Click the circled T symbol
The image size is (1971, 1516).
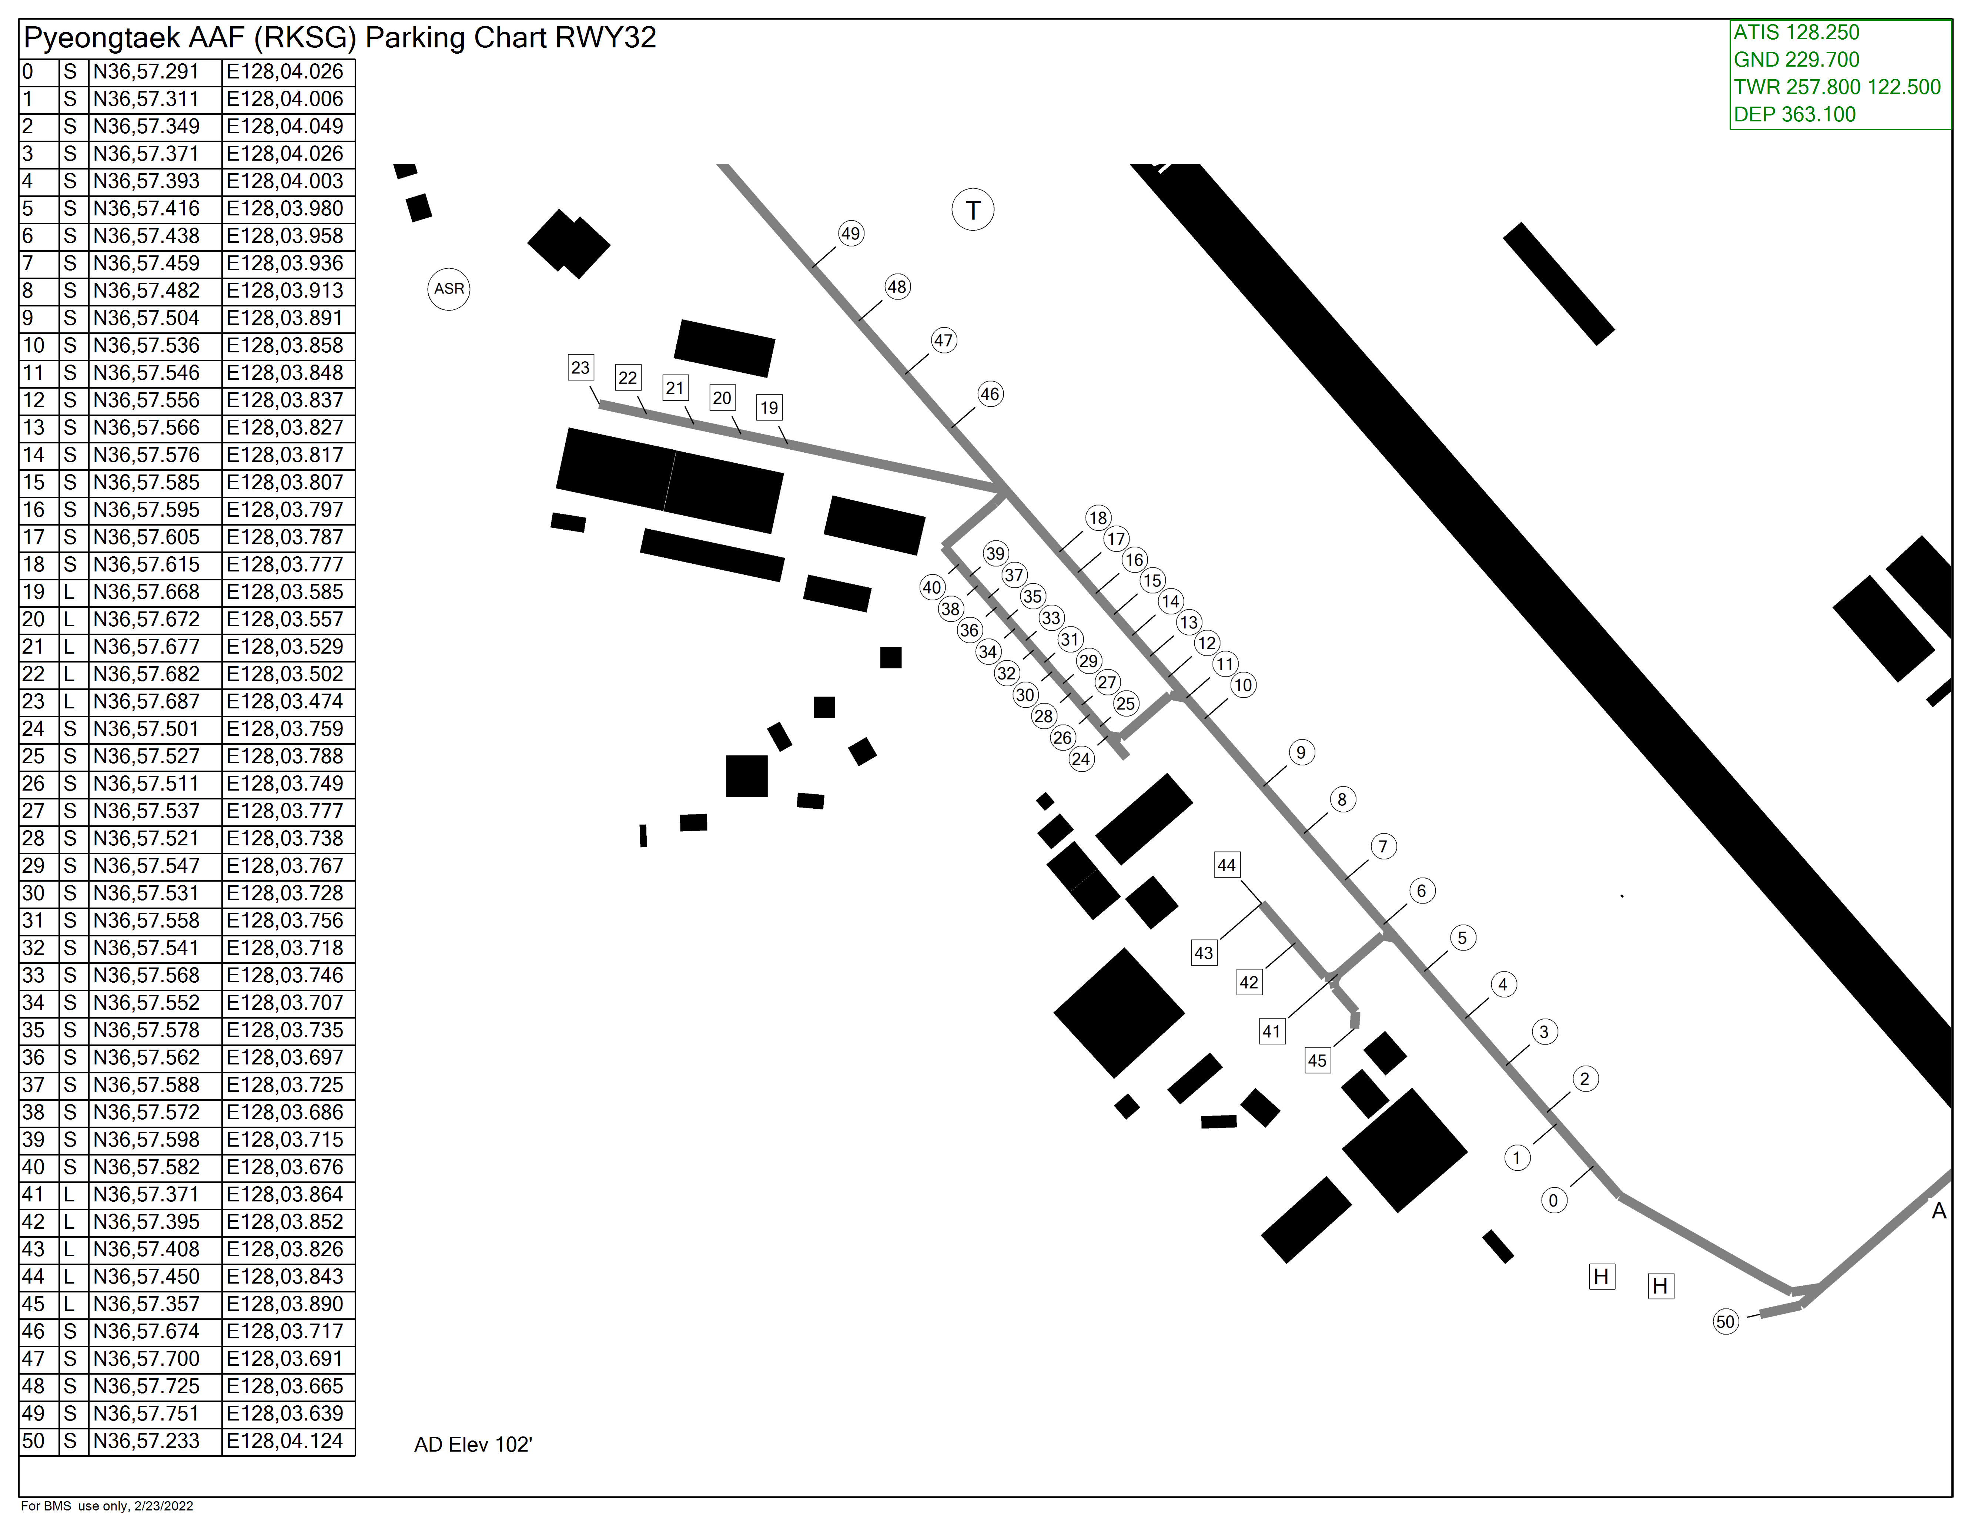pyautogui.click(x=973, y=210)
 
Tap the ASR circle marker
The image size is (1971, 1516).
pyautogui.click(x=449, y=289)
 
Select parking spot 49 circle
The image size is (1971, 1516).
pyautogui.click(x=850, y=234)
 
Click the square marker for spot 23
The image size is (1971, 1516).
pyautogui.click(x=580, y=367)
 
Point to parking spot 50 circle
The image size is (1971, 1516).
pyautogui.click(x=1726, y=1322)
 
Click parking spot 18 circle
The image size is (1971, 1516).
pyautogui.click(x=1097, y=518)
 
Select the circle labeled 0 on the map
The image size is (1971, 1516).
pyautogui.click(x=1553, y=1200)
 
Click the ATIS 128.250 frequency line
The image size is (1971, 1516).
pyautogui.click(x=1796, y=33)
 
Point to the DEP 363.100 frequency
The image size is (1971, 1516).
pyautogui.click(x=1794, y=115)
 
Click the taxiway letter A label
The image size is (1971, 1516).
pyautogui.click(x=1938, y=1211)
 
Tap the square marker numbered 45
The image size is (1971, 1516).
pyautogui.click(x=1318, y=1060)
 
